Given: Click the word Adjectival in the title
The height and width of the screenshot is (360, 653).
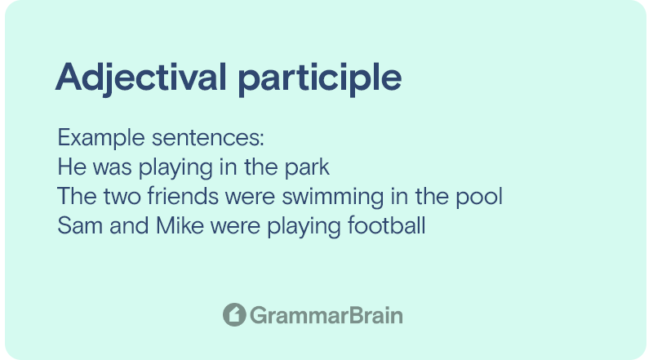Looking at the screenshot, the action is pos(141,78).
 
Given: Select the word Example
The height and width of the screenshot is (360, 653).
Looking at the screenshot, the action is pos(101,138).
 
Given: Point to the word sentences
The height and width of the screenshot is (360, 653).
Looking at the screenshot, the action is pos(208,138).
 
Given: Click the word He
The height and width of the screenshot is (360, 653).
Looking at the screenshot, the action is pos(72,167).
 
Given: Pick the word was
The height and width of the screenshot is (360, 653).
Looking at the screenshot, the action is pos(113,168).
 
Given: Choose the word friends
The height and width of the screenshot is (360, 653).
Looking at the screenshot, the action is pos(183,196).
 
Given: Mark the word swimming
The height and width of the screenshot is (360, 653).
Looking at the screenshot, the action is pos(333,198).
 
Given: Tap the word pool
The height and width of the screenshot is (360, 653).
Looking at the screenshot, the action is pos(479,197).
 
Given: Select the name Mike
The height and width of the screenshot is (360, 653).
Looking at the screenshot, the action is pos(180,225).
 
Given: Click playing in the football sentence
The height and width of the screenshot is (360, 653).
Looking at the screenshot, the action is pos(304,227).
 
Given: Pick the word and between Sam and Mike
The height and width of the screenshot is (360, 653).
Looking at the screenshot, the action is pos(129,225).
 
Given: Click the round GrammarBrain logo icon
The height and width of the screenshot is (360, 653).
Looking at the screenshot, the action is pos(234,314).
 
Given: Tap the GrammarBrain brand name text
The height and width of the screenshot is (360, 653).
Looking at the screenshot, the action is pos(326,315).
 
